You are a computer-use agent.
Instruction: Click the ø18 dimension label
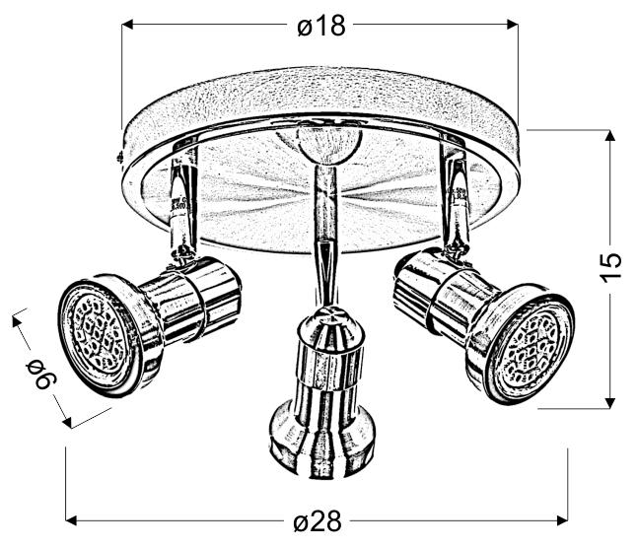320,26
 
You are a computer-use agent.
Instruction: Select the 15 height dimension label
611,266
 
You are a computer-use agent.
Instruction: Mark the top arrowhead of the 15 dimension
610,136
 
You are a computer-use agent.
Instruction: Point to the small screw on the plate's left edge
119,156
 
